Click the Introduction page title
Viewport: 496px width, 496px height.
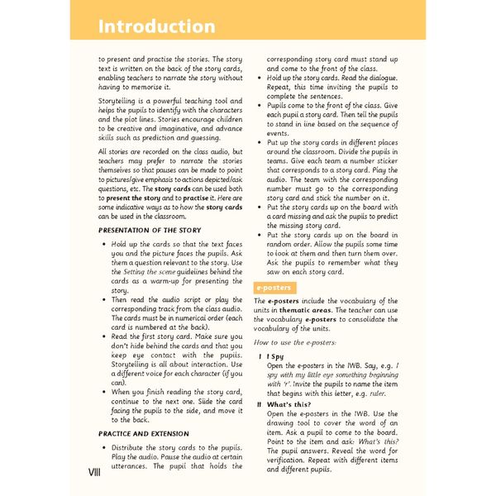157,26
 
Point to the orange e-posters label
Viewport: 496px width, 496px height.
272,287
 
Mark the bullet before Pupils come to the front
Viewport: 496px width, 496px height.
260,107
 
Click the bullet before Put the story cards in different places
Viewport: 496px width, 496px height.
260,141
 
